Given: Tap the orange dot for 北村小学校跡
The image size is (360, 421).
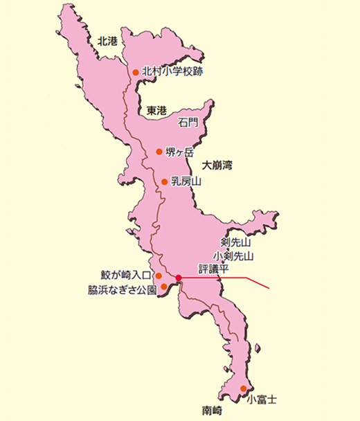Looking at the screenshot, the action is [x=136, y=71].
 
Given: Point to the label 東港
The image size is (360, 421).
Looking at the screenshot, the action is [x=156, y=110].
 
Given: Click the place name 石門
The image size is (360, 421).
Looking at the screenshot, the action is [x=188, y=123].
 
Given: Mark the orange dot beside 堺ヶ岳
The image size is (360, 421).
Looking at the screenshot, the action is [x=160, y=152].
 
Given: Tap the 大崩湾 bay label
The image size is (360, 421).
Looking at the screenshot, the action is [x=217, y=166].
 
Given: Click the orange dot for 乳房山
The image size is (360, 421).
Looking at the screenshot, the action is [x=165, y=182].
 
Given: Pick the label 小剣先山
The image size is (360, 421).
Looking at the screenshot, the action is [x=234, y=256].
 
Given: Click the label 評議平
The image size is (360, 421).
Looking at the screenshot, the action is [x=212, y=268].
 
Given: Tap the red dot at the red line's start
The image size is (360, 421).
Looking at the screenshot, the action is [x=178, y=278].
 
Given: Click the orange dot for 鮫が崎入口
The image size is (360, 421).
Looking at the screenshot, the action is [x=159, y=275].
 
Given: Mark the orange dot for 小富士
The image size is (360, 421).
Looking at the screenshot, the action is [x=243, y=388].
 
